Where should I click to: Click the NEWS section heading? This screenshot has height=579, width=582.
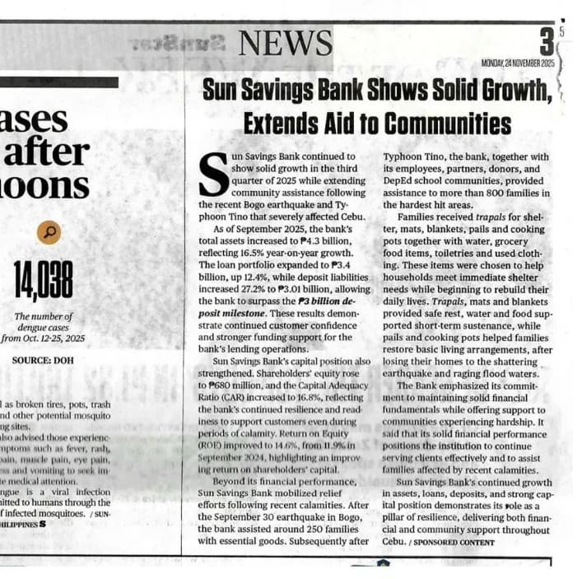[x=286, y=43]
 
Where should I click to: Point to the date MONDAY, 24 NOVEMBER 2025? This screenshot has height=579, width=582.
[x=519, y=63]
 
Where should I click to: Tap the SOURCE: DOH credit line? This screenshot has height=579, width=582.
[x=43, y=360]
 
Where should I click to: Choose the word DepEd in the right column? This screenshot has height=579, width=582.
[x=398, y=180]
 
